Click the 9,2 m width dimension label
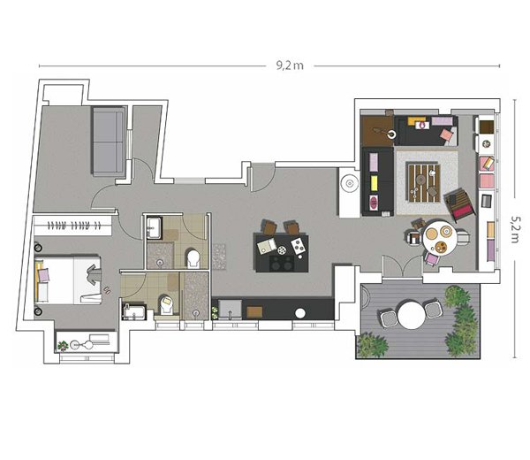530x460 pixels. (290, 65)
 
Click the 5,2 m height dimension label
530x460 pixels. (515, 229)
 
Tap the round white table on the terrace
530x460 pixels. (411, 315)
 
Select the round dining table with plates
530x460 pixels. (439, 237)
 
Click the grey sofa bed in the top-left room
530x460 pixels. (109, 141)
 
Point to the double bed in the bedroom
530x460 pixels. (68, 280)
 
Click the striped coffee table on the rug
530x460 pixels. (424, 182)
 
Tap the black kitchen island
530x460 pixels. (282, 252)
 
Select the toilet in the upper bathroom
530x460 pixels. (193, 259)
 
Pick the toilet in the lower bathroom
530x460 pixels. (166, 304)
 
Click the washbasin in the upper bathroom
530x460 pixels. (154, 227)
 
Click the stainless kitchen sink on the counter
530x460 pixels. (231, 309)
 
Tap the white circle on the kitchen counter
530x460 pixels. (300, 313)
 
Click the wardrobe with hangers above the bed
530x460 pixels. (72, 225)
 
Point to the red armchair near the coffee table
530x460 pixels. (459, 204)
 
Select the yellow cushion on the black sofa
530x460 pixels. (375, 183)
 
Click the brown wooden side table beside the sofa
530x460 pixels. (377, 131)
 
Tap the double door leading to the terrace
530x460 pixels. (402, 267)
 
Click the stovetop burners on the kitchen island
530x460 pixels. (281, 263)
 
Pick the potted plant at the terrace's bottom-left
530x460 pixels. (373, 345)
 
